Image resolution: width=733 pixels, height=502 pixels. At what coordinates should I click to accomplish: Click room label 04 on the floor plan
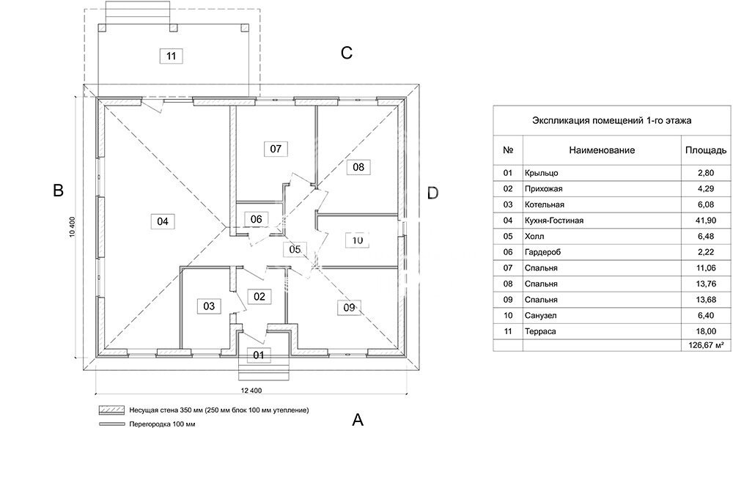coord(163,221)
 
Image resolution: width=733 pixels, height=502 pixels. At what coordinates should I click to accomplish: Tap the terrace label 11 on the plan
coord(171,56)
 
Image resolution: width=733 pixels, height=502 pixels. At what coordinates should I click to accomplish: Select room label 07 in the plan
coord(275,149)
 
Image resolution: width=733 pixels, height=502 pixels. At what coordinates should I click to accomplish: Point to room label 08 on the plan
coord(358,167)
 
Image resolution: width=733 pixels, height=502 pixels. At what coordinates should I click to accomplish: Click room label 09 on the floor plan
coord(348,307)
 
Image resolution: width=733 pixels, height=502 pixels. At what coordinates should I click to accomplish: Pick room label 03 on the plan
coord(209,306)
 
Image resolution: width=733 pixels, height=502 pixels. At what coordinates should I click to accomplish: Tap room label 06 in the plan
coord(256,218)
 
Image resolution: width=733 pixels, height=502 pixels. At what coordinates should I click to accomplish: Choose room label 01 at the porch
coord(258,355)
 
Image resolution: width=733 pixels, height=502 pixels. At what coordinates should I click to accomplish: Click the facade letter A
coord(358,420)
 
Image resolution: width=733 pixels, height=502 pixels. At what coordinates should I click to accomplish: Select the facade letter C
coord(347,53)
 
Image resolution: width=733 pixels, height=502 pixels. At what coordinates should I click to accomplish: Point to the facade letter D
coord(432,193)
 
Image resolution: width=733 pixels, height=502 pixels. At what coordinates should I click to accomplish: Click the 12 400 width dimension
coord(251,391)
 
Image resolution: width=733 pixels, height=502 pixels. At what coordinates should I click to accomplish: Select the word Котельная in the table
coord(545,204)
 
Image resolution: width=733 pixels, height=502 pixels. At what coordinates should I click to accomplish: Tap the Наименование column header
coord(601,150)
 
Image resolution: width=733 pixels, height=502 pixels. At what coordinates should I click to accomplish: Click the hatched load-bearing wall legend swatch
coord(108,410)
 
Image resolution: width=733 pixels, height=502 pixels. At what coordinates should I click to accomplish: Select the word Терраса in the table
coord(540,332)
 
